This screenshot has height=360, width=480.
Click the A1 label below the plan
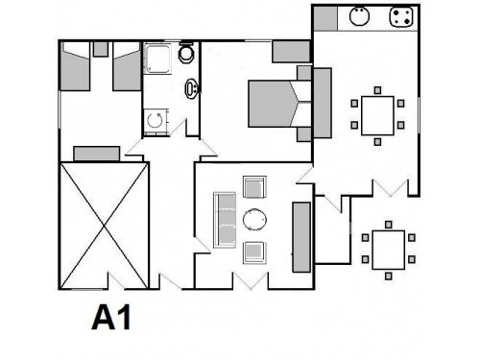[111, 318]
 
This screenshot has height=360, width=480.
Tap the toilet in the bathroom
[185, 52]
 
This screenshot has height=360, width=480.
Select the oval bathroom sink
[191, 88]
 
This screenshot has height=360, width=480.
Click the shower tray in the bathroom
[158, 59]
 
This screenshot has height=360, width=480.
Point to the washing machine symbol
[156, 121]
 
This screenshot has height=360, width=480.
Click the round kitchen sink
[360, 16]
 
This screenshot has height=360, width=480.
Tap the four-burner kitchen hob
[401, 16]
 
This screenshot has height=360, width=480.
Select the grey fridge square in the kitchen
[325, 19]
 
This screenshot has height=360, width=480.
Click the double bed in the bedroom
[280, 104]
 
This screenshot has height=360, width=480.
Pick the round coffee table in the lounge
[254, 220]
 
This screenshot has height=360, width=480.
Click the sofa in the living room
[225, 220]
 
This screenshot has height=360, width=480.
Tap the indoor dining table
[377, 116]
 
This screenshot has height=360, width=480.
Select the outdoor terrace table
[389, 250]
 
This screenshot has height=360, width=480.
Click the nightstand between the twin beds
[101, 49]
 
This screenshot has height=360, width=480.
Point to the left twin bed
[75, 66]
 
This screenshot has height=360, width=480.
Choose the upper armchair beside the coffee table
[254, 187]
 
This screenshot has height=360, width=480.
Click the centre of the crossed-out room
[105, 226]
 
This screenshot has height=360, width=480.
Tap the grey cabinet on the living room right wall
[301, 237]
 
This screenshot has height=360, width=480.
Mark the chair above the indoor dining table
[377, 90]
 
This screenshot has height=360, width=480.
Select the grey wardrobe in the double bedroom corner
[291, 52]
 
